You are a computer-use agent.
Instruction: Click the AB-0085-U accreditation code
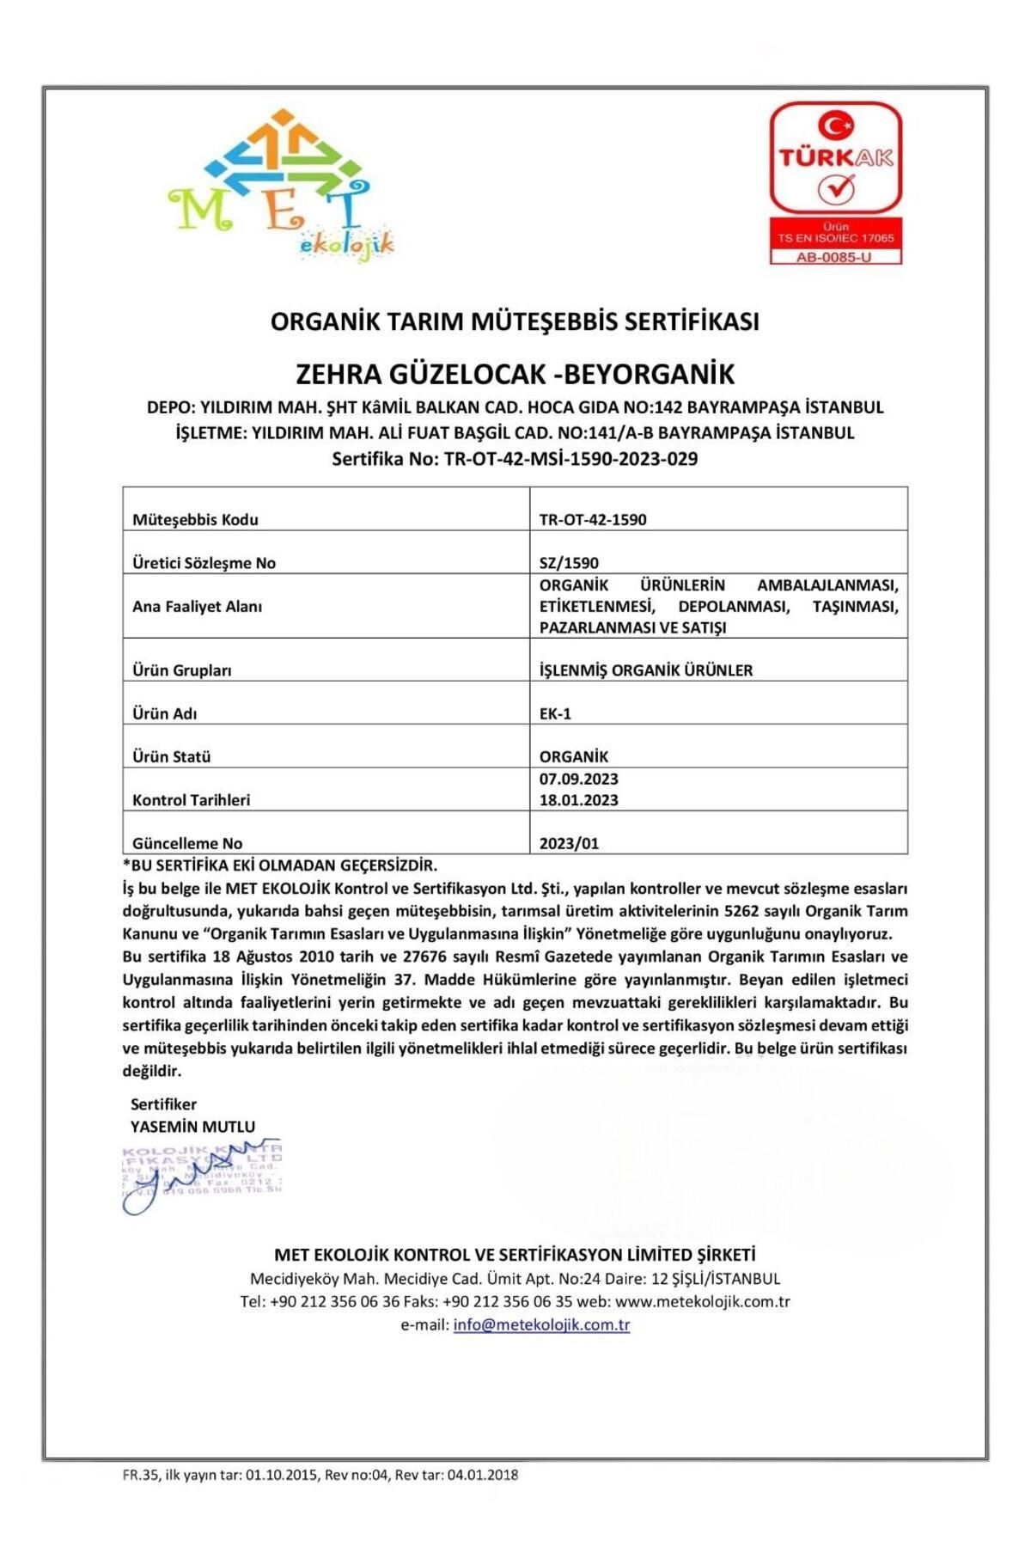click(834, 257)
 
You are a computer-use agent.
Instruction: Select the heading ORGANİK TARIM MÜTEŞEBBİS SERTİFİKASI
click(515, 321)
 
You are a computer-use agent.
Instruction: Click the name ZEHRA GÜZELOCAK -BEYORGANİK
click(515, 375)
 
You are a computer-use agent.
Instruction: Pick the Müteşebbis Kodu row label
click(195, 519)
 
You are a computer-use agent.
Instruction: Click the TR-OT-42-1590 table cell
click(593, 519)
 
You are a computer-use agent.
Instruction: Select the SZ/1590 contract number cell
click(569, 563)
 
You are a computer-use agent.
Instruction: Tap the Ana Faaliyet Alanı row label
click(197, 606)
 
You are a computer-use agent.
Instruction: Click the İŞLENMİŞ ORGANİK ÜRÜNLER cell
click(645, 670)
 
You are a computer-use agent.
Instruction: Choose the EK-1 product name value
click(555, 713)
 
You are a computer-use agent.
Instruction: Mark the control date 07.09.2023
click(578, 779)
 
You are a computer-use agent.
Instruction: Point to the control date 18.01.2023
click(578, 800)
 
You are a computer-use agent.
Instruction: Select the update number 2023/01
click(569, 843)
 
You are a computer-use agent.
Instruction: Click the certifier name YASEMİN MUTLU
click(192, 1126)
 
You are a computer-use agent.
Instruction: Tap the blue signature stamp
click(201, 1176)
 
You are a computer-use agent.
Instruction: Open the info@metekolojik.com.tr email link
click(541, 1324)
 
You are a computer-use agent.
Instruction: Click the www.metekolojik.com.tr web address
click(702, 1301)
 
